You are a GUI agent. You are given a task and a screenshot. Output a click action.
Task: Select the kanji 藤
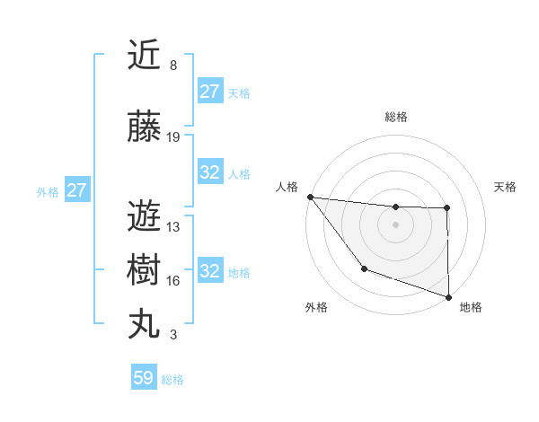(x=144, y=127)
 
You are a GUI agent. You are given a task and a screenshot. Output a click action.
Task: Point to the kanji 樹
(x=144, y=270)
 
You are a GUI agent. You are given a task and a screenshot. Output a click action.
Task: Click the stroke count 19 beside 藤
(x=173, y=137)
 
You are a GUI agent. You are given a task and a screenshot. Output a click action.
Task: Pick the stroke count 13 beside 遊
(x=173, y=226)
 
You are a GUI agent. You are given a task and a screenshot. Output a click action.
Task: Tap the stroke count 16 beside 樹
(x=173, y=281)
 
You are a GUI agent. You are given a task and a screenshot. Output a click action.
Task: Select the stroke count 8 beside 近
(x=172, y=65)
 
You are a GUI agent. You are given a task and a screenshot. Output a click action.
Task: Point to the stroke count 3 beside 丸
(x=172, y=335)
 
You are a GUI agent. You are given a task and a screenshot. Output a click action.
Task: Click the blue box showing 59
(x=144, y=378)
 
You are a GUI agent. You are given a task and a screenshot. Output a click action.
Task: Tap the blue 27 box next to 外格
(x=76, y=190)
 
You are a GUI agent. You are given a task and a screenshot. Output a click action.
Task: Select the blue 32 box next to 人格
(x=210, y=172)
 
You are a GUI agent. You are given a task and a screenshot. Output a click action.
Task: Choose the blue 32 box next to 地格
(x=210, y=271)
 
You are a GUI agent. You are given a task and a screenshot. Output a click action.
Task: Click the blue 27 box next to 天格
(x=210, y=92)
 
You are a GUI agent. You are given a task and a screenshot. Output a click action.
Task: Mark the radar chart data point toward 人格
(x=310, y=197)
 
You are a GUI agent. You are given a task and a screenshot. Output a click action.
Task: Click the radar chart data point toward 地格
(x=447, y=296)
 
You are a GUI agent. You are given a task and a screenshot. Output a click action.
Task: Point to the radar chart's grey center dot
(x=395, y=224)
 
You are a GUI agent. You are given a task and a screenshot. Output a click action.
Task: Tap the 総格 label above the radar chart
(x=395, y=117)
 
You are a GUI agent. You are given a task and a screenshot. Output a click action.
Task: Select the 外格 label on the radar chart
(x=316, y=307)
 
